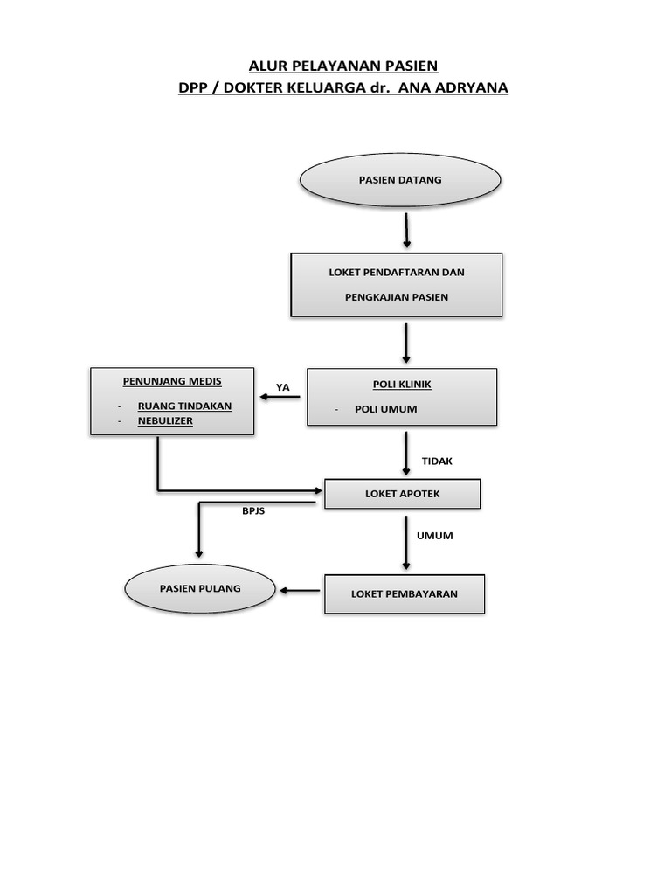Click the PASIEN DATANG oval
tap(400, 180)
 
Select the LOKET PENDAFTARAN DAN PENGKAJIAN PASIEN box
tap(396, 285)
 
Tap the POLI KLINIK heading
tap(402, 385)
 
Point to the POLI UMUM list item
tap(385, 409)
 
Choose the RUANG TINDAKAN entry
tap(184, 406)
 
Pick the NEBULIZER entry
tap(165, 420)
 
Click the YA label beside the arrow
tap(282, 387)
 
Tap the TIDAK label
tap(437, 461)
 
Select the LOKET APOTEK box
tap(402, 494)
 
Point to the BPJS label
tap(253, 511)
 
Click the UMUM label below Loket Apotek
tap(435, 536)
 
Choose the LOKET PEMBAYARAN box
tap(404, 594)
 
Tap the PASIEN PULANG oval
tap(200, 588)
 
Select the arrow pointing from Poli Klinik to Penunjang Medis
tap(280, 399)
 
